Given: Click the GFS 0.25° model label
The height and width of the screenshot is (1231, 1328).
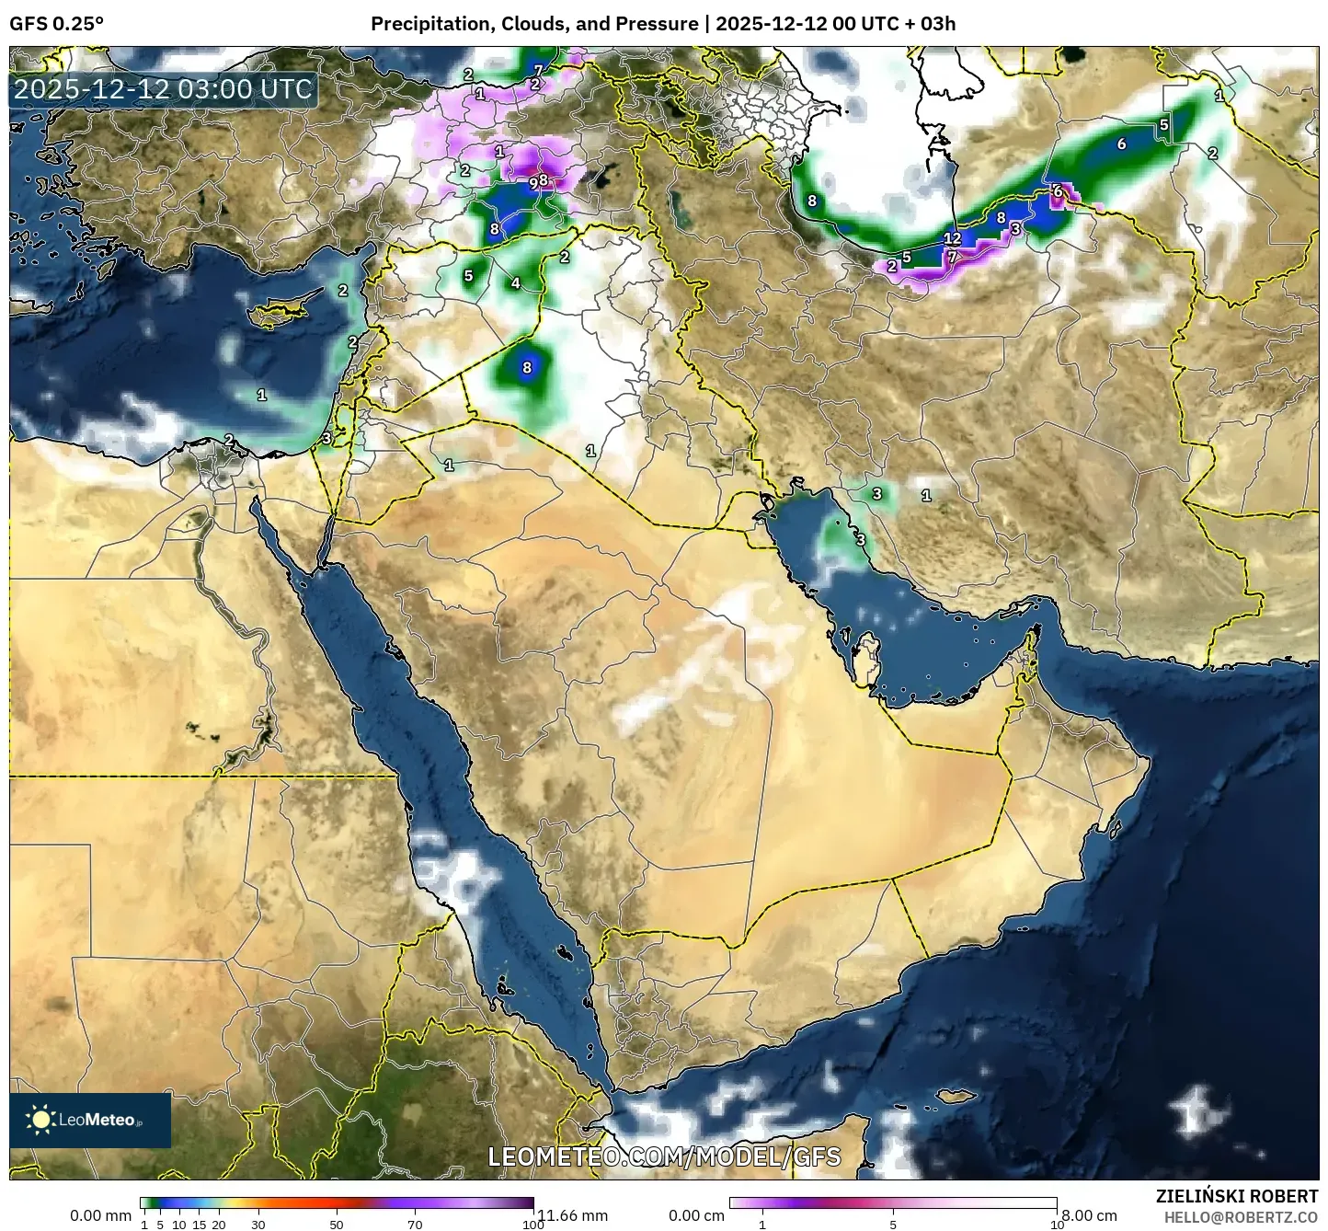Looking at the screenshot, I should click(x=56, y=24).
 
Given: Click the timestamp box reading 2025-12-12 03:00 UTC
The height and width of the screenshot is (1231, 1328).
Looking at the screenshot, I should click(x=164, y=89).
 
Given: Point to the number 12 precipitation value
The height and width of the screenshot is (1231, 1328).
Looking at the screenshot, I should click(x=952, y=238).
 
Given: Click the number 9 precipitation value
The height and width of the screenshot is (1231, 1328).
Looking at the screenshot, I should click(x=532, y=183).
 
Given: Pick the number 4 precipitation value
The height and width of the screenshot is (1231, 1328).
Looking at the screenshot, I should click(x=515, y=283).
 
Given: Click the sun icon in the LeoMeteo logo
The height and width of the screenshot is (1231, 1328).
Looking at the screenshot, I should click(x=40, y=1120).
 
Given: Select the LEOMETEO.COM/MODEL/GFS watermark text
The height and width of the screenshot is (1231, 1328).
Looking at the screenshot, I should click(x=664, y=1156).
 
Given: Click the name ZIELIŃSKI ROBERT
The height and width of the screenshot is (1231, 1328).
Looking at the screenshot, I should click(x=1236, y=1196).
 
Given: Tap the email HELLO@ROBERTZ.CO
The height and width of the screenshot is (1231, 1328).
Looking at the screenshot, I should click(x=1241, y=1216).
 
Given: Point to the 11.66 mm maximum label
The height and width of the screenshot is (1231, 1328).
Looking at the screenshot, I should click(x=572, y=1215).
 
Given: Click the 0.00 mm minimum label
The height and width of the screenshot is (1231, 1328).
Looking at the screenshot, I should click(x=101, y=1215).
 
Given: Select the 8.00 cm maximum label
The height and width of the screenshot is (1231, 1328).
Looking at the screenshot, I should click(x=1090, y=1215).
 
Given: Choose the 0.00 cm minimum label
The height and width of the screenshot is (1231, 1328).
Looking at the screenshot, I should click(x=696, y=1215).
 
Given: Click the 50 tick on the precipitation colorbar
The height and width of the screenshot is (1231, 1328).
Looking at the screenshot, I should click(x=337, y=1225).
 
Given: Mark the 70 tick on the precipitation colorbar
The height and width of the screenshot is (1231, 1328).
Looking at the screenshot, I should click(x=415, y=1225).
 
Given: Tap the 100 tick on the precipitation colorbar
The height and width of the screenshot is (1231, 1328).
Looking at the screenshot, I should click(x=532, y=1225).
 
